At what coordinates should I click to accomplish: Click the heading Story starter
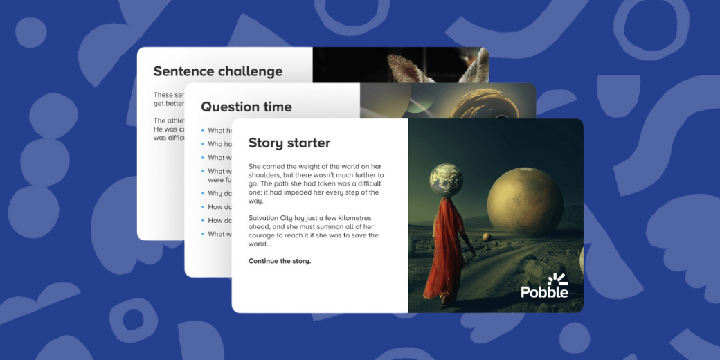(289, 143)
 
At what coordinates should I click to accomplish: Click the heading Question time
(246, 107)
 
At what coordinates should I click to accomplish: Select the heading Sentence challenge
(217, 71)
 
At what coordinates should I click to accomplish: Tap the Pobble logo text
(544, 292)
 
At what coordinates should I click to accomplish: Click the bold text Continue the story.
(280, 261)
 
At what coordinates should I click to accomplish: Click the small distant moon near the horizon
(487, 237)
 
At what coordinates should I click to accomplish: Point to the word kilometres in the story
(357, 218)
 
